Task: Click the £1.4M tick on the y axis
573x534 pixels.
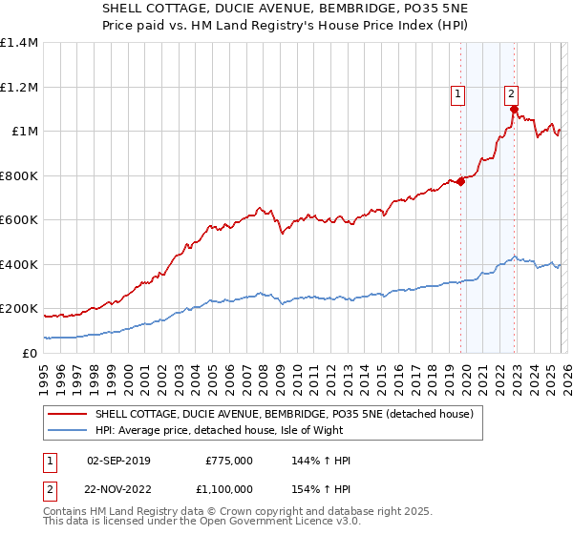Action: click(x=19, y=43)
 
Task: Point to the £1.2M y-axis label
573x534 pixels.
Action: click(x=19, y=87)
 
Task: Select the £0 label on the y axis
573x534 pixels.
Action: click(x=30, y=353)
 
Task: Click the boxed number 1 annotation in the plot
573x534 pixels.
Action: click(x=459, y=93)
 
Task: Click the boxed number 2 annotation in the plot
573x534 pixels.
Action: click(x=512, y=93)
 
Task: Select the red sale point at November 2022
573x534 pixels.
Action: click(x=514, y=110)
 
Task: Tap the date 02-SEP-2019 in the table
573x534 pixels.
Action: click(x=118, y=461)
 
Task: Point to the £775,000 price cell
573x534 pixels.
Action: click(x=228, y=461)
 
